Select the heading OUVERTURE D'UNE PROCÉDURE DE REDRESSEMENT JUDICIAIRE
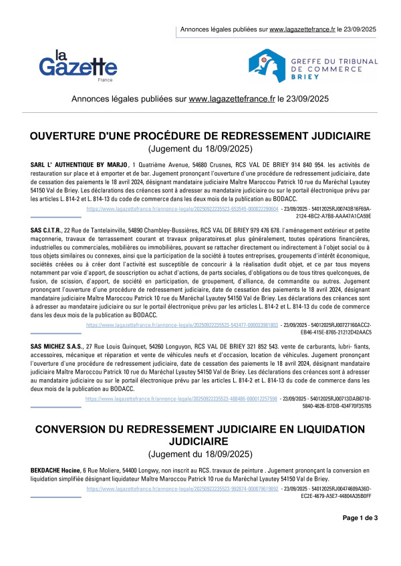click(200, 136)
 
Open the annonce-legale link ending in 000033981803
click(182, 305)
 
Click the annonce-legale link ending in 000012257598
click(182, 398)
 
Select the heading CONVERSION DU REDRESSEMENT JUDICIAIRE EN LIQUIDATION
click(200, 428)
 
